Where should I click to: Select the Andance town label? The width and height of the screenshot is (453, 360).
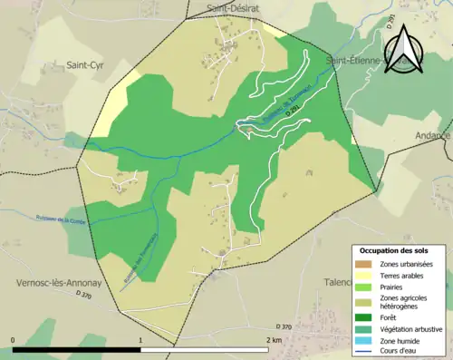(433, 135)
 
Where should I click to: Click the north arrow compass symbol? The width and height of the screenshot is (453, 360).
(406, 50)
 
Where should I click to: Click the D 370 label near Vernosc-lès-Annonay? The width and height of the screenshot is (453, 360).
(83, 295)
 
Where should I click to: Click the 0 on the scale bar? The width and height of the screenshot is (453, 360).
(13, 339)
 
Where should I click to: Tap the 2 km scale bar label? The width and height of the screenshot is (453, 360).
(275, 339)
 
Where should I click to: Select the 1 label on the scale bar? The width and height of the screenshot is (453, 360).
(141, 339)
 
